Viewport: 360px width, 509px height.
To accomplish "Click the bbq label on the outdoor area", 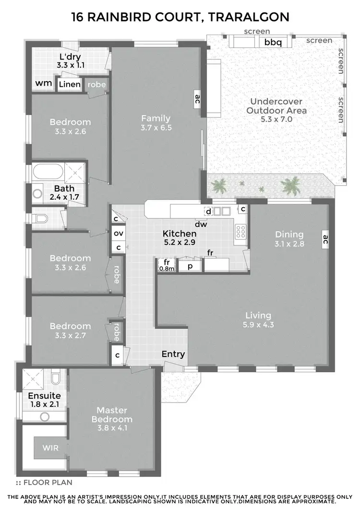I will point(272,42).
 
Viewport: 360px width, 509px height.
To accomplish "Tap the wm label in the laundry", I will point(44,83).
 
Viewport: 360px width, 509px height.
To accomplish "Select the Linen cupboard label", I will point(70,85).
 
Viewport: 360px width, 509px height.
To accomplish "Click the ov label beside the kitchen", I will point(118,234).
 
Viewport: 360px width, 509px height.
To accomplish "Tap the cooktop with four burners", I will point(240,232).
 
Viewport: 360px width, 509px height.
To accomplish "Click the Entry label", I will point(173,354).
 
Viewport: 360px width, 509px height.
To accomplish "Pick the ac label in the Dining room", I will point(325,238).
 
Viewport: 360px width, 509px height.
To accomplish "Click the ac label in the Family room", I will point(197,99).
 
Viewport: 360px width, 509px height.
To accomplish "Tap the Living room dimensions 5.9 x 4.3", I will point(258,325).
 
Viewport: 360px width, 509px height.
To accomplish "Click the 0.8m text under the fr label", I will point(167,268).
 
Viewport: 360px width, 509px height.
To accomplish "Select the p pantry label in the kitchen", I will point(190,267).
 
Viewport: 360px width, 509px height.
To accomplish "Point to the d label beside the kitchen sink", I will point(208,212).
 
